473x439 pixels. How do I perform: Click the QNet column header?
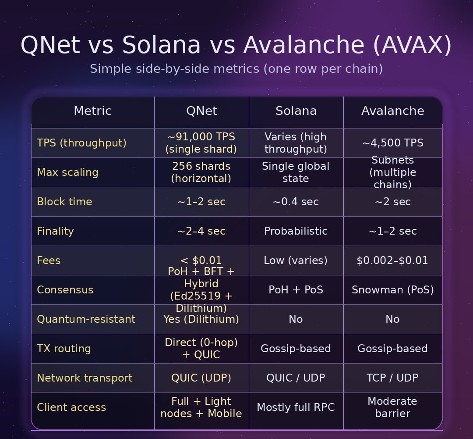click(201, 111)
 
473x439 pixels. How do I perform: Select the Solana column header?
click(296, 111)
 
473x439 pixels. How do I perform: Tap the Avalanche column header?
click(392, 111)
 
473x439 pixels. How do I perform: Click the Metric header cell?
click(92, 111)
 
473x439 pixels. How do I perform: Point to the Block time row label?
click(64, 202)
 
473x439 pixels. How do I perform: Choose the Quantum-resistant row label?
click(86, 319)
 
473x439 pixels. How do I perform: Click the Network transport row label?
click(85, 378)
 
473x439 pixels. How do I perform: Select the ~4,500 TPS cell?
click(392, 143)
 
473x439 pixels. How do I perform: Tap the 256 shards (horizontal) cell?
click(201, 172)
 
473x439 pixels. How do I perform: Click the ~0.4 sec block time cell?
click(296, 202)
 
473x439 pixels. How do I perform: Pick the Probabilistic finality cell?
click(296, 231)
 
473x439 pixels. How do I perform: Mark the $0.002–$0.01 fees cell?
click(392, 261)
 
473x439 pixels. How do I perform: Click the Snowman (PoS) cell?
click(392, 290)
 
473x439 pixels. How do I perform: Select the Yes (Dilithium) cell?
click(201, 319)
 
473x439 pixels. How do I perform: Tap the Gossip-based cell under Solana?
click(296, 349)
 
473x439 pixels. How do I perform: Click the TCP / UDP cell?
click(392, 378)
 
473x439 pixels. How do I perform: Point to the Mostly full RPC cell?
click(296, 407)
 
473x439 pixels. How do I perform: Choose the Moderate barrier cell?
click(392, 407)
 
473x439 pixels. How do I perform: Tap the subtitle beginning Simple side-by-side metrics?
click(236, 69)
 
